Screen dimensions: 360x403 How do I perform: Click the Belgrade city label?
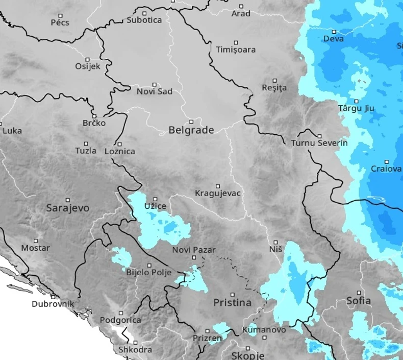click(191, 130)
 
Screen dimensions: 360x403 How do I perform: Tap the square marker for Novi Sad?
click(155, 85)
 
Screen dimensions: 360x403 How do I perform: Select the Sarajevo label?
click(67, 208)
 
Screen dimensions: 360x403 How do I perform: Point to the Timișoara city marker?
click(236, 43)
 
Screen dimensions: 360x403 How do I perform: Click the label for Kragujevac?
click(218, 194)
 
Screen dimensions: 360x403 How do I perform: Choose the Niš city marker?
click(275, 243)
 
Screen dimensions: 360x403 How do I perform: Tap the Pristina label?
click(232, 302)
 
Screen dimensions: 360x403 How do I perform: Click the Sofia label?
click(358, 300)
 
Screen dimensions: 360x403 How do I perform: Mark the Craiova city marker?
click(387, 162)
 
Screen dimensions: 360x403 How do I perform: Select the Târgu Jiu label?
click(356, 108)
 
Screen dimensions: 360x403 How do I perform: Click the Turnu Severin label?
click(319, 143)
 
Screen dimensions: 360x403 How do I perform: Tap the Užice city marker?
click(156, 199)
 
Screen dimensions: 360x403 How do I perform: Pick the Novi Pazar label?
click(194, 250)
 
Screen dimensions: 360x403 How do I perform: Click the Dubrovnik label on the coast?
click(53, 304)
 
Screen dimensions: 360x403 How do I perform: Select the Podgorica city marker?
click(121, 313)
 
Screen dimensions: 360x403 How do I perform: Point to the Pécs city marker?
click(60, 16)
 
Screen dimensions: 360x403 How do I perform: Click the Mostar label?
click(35, 248)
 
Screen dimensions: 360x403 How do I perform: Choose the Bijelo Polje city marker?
click(149, 266)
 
